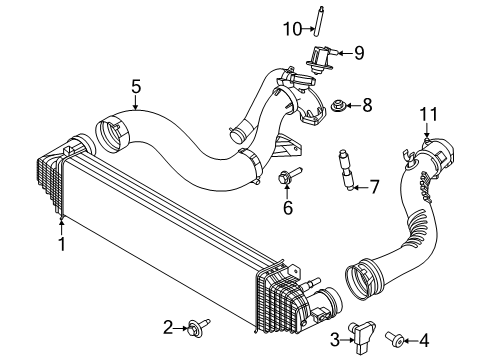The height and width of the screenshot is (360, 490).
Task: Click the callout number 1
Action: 61,243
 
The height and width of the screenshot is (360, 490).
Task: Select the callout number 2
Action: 169,326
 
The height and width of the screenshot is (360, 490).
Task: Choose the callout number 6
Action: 287,208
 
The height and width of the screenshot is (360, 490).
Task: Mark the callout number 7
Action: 375,186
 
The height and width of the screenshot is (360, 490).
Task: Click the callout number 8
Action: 367,103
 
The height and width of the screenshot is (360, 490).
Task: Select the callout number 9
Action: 359,53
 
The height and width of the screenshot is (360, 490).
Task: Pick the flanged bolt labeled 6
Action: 288,180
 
